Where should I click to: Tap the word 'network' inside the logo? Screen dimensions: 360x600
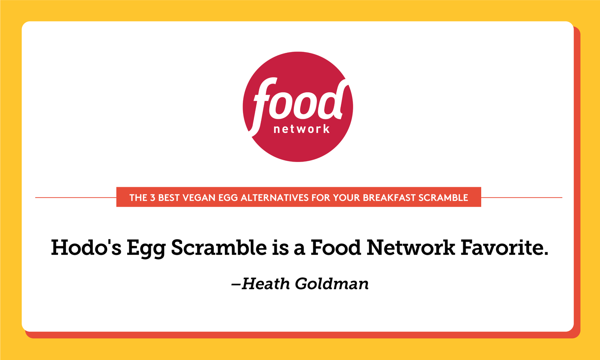(x=302, y=129)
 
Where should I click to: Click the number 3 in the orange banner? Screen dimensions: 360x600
(x=152, y=198)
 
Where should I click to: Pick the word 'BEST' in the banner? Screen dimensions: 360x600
(x=169, y=198)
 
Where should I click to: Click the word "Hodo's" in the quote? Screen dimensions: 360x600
(x=86, y=248)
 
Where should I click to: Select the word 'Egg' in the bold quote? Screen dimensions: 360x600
(x=146, y=248)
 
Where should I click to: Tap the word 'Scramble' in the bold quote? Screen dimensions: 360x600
(x=218, y=248)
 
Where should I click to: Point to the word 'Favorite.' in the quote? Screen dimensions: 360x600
(x=504, y=248)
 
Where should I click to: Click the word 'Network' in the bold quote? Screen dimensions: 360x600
(x=411, y=248)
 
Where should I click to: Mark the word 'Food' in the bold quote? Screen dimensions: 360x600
(x=335, y=248)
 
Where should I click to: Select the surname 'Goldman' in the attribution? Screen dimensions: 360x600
(x=332, y=284)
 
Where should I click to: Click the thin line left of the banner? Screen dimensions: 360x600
(x=76, y=197)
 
